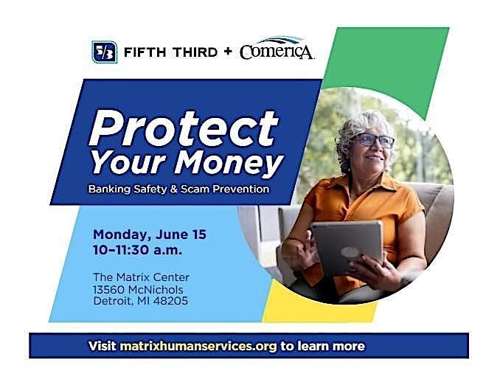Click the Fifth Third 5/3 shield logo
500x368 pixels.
pos(104,52)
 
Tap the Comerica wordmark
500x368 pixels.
pos(277,49)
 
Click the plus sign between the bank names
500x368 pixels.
pos(228,52)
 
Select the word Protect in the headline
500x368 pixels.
pos(184,128)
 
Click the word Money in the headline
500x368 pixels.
pos(229,163)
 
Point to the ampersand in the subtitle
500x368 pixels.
pos(173,189)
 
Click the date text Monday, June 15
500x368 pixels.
pos(150,235)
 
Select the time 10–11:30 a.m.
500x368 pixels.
pos(137,250)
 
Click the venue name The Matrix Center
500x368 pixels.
pos(141,277)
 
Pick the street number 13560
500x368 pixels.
pos(108,290)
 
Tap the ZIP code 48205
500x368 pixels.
pos(170,301)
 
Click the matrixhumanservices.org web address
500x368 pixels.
pos(198,347)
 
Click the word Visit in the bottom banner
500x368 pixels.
pos(102,346)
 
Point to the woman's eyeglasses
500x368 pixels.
pos(374,140)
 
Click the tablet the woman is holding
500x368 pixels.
pos(347,248)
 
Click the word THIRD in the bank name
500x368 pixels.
pos(194,52)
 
